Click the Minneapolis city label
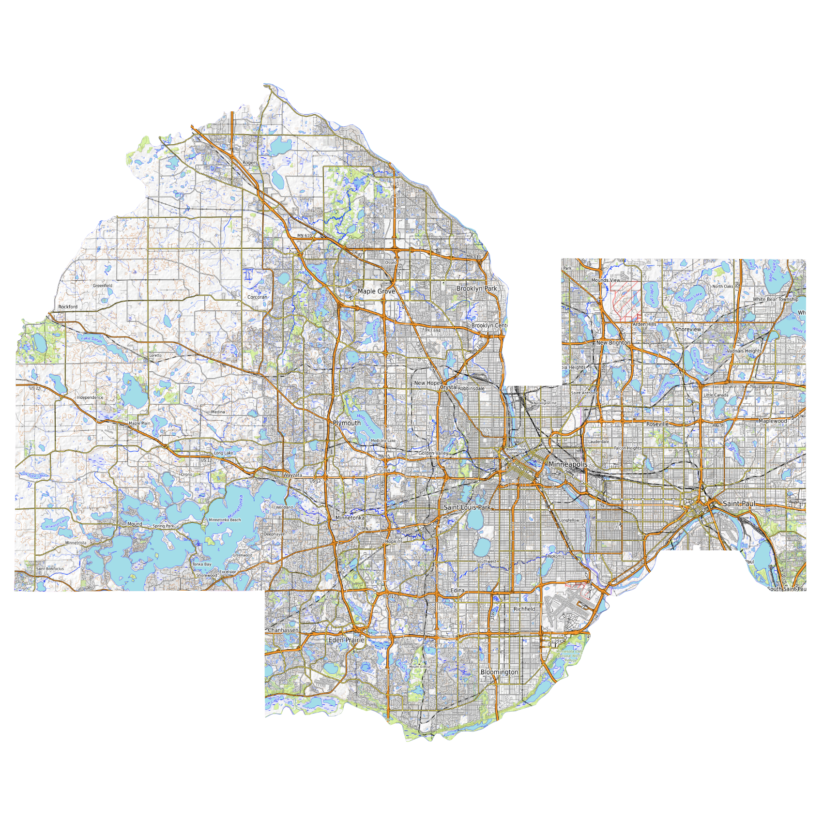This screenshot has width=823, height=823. (x=567, y=464)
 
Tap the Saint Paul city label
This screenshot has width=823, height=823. (x=738, y=503)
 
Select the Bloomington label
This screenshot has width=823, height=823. (x=499, y=672)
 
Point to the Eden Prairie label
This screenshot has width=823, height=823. (x=346, y=640)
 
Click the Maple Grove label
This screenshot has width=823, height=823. (x=376, y=291)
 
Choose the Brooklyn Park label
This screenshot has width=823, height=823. (x=476, y=289)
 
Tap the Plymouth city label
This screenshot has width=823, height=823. (x=347, y=423)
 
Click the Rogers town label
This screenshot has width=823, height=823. (x=250, y=163)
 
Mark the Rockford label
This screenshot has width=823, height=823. (x=68, y=307)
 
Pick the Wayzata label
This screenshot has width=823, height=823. (x=292, y=475)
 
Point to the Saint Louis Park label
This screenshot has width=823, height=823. (x=467, y=507)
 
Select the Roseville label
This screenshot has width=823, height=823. (x=657, y=424)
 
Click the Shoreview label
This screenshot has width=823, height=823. (x=687, y=329)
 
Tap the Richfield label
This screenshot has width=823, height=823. (x=524, y=609)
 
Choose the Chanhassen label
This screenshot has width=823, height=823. (x=283, y=630)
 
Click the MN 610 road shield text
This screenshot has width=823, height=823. (x=305, y=236)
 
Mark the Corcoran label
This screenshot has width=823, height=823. (x=257, y=297)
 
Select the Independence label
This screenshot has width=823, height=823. (x=90, y=397)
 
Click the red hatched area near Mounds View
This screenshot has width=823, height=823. (x=625, y=300)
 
